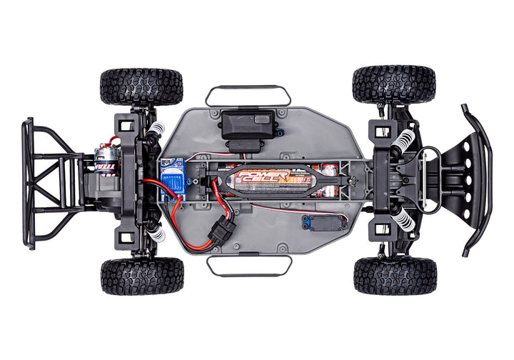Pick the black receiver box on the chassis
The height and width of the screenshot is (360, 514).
click(248, 126)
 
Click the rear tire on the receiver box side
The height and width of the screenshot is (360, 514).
click(141, 86)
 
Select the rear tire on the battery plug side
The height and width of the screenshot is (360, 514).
click(142, 276)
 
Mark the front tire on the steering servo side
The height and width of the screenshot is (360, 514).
click(395, 276)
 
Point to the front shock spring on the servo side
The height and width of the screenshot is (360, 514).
click(404, 219)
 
